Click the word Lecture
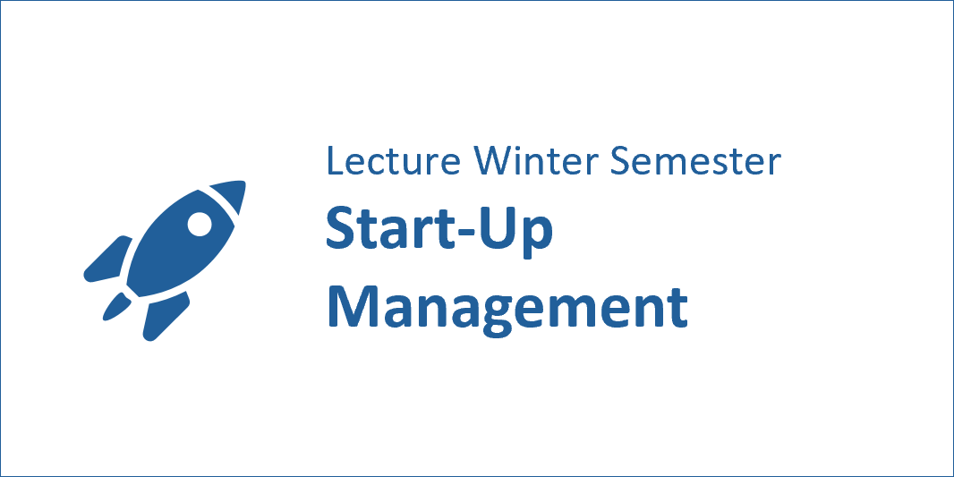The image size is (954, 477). tap(393, 160)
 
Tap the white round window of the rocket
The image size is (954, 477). tap(199, 224)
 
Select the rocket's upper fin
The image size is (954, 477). tap(107, 260)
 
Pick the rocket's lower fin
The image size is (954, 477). tap(165, 315)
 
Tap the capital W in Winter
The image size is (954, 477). tap(493, 160)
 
